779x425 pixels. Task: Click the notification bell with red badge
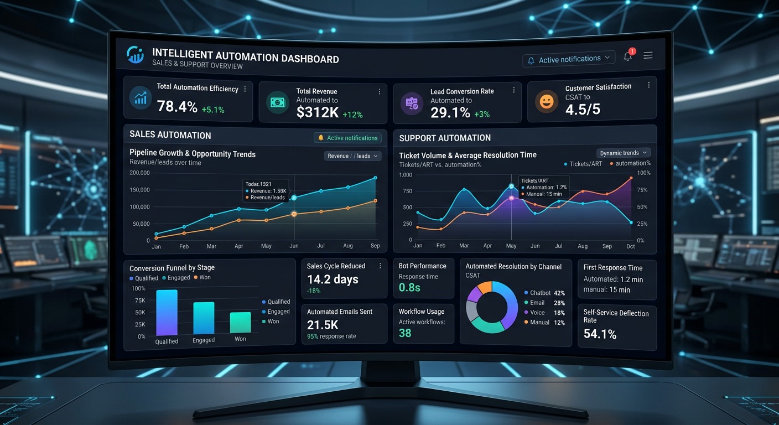pyautogui.click(x=628, y=56)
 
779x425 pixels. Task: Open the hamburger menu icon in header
pyautogui.click(x=648, y=55)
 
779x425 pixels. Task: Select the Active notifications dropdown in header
pyautogui.click(x=569, y=59)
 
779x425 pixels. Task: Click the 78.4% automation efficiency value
pyautogui.click(x=177, y=106)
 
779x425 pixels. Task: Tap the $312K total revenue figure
pyautogui.click(x=317, y=112)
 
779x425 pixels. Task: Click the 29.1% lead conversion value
pyautogui.click(x=450, y=113)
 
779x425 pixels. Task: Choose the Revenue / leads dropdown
pyautogui.click(x=352, y=156)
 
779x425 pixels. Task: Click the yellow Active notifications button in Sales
pyautogui.click(x=347, y=138)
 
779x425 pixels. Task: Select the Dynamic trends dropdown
pyautogui.click(x=623, y=153)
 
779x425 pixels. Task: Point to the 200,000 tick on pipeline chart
pyautogui.click(x=139, y=173)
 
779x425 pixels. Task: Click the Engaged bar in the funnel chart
pyautogui.click(x=204, y=318)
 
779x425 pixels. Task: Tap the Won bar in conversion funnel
pyautogui.click(x=240, y=322)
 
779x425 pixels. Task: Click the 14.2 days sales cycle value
pyautogui.click(x=333, y=279)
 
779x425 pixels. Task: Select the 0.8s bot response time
pyautogui.click(x=410, y=287)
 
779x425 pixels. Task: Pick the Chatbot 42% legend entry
pyautogui.click(x=544, y=293)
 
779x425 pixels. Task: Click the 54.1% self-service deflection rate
pyautogui.click(x=600, y=334)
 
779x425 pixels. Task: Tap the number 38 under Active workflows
pyautogui.click(x=405, y=333)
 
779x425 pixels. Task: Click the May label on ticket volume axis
pyautogui.click(x=511, y=246)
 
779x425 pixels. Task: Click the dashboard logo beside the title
pyautogui.click(x=135, y=55)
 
